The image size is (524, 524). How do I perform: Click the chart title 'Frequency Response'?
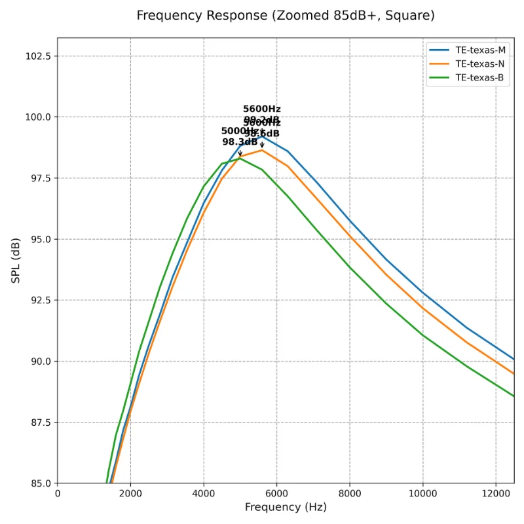click(x=285, y=15)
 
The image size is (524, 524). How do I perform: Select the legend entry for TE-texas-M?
click(x=480, y=50)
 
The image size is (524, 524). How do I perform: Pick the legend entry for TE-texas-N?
click(x=480, y=64)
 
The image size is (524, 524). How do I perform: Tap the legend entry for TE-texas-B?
click(x=480, y=77)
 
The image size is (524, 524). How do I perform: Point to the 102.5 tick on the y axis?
click(x=39, y=56)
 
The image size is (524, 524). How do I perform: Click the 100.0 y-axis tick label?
click(x=39, y=117)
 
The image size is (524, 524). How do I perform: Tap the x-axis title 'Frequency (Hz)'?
click(x=286, y=508)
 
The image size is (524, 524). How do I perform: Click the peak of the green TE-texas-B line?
click(x=240, y=158)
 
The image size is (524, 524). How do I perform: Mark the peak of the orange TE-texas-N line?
click(x=262, y=150)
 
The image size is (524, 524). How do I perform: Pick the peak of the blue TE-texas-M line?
click(x=262, y=135)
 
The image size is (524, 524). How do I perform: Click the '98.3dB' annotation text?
click(x=239, y=141)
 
